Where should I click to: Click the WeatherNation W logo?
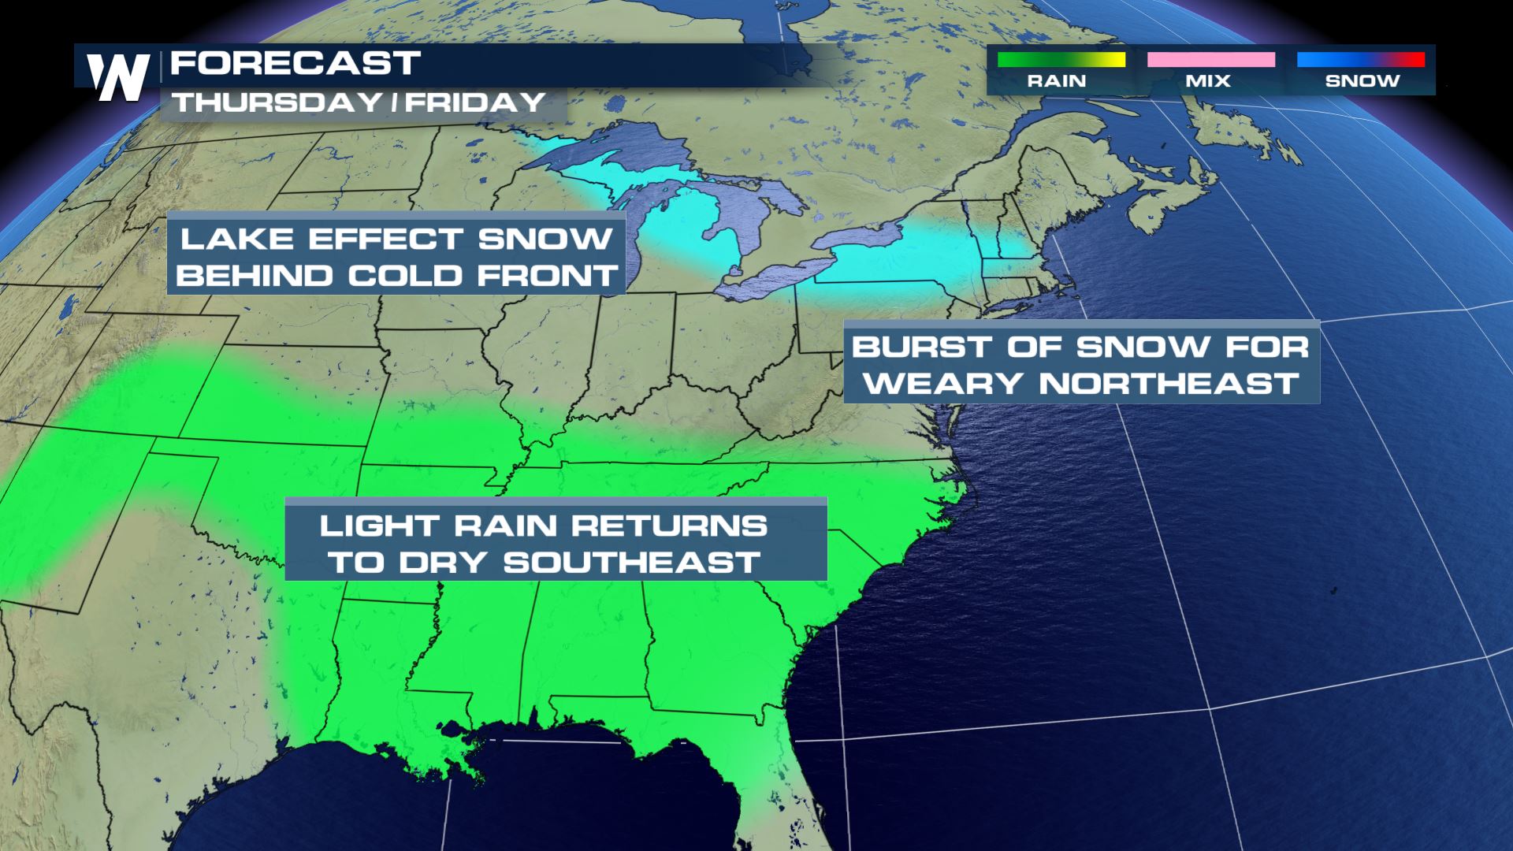click(117, 76)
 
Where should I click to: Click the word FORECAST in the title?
click(296, 64)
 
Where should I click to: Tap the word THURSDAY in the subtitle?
click(267, 102)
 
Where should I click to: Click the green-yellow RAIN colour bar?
click(1061, 60)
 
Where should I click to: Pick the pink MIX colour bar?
click(1210, 60)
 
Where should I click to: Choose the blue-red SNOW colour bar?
click(1360, 60)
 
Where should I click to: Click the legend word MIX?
click(1208, 81)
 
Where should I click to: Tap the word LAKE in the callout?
click(234, 239)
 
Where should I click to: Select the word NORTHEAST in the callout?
click(1169, 384)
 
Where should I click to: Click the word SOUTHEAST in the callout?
click(632, 563)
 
